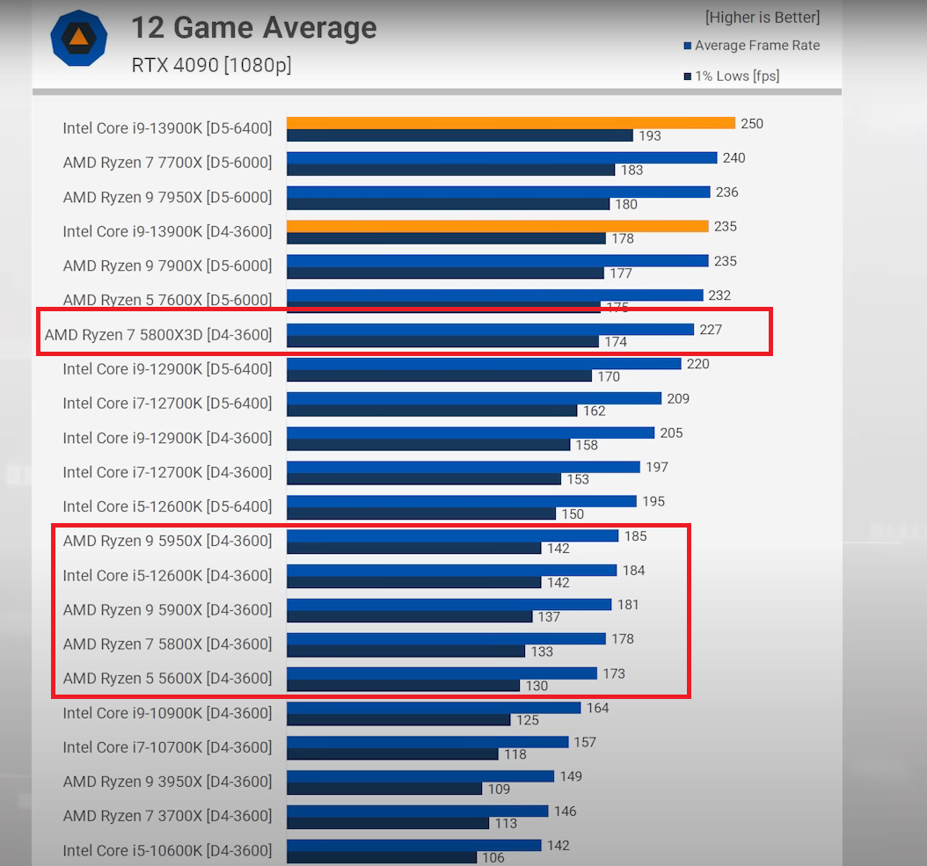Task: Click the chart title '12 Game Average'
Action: (253, 28)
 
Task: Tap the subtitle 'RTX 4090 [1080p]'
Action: (211, 65)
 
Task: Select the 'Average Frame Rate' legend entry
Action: (756, 46)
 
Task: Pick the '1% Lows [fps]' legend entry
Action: (736, 76)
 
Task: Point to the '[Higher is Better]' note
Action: (762, 17)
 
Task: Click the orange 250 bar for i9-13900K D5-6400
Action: (510, 123)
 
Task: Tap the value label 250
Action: (752, 124)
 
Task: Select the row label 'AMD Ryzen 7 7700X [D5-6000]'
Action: (167, 163)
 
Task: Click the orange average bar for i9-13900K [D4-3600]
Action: (497, 226)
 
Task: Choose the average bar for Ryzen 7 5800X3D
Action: (490, 330)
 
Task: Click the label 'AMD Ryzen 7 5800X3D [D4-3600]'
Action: (158, 335)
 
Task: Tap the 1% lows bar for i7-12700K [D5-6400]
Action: (431, 411)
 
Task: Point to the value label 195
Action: (653, 501)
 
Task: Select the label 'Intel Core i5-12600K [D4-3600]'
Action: (167, 576)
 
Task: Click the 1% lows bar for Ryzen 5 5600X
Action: (403, 686)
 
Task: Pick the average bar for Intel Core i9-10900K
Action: (434, 708)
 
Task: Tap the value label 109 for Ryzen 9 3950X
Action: (499, 790)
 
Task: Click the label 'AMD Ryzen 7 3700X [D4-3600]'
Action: (167, 816)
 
